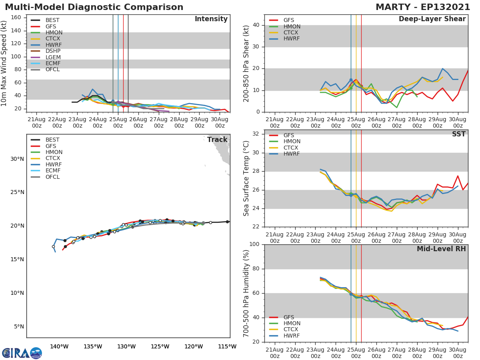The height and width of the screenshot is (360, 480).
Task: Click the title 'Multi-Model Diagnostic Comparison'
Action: (x=94, y=7)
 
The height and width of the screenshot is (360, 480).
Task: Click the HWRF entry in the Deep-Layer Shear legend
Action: (x=291, y=39)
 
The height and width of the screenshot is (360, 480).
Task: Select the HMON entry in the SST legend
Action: (x=292, y=142)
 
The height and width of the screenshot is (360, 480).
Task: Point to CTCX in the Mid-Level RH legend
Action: (x=291, y=330)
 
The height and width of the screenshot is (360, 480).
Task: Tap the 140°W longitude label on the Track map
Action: (x=59, y=346)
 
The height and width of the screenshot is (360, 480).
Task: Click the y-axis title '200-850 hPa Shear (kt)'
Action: (x=246, y=63)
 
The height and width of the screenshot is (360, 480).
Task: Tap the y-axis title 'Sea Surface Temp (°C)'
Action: (x=246, y=178)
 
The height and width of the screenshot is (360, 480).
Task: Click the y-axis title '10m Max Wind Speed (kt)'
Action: (x=4, y=63)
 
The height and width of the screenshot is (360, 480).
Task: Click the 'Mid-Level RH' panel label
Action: (x=441, y=249)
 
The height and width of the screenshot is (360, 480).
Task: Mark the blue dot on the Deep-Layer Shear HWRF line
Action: (x=351, y=80)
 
